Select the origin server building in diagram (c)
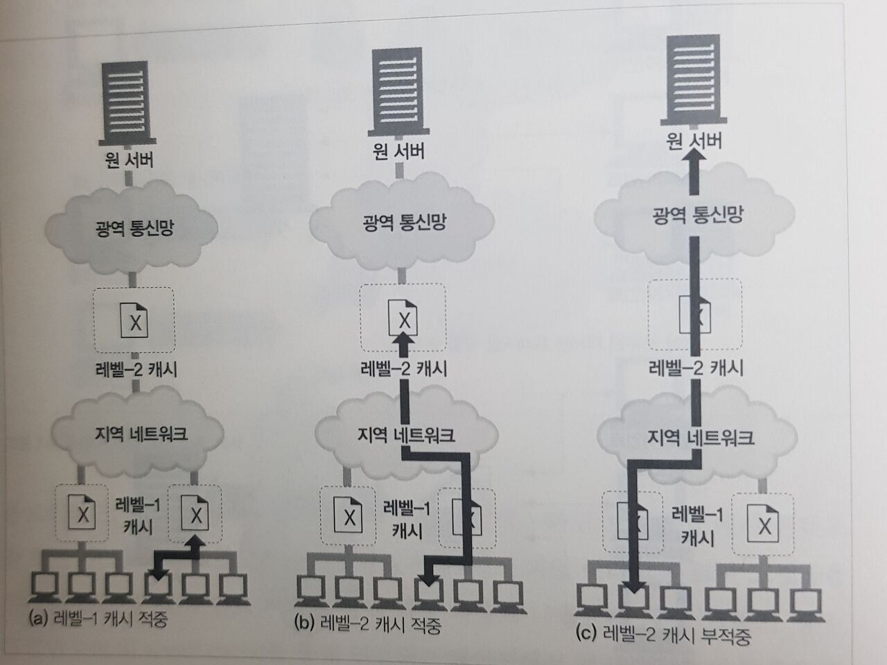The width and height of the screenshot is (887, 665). click(694, 80)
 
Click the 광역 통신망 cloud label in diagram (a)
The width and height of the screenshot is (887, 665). click(134, 228)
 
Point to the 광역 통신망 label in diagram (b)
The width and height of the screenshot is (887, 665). click(404, 222)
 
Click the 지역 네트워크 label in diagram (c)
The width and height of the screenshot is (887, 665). click(700, 437)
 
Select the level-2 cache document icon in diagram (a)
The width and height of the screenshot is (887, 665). click(134, 321)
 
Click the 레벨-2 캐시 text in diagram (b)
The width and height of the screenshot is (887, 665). click(404, 368)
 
